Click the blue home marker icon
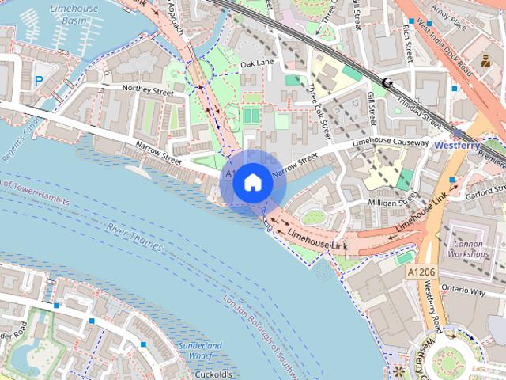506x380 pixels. tap(253, 183)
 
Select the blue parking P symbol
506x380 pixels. tap(40, 80)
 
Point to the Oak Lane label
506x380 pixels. tap(256, 63)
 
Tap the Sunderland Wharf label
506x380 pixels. tap(200, 351)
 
